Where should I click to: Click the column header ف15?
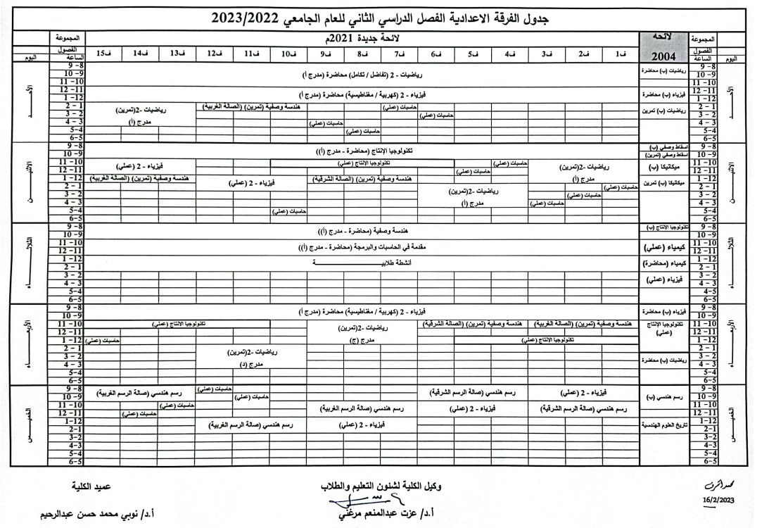[103, 54]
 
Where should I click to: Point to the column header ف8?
[362, 54]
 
